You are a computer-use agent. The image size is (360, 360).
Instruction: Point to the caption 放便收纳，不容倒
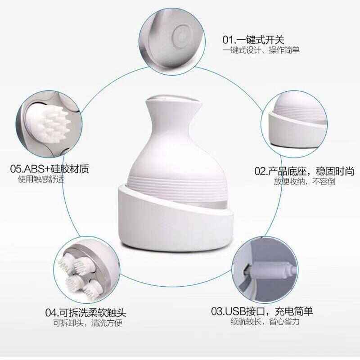304,182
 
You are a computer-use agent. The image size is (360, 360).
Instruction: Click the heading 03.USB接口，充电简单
262,311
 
